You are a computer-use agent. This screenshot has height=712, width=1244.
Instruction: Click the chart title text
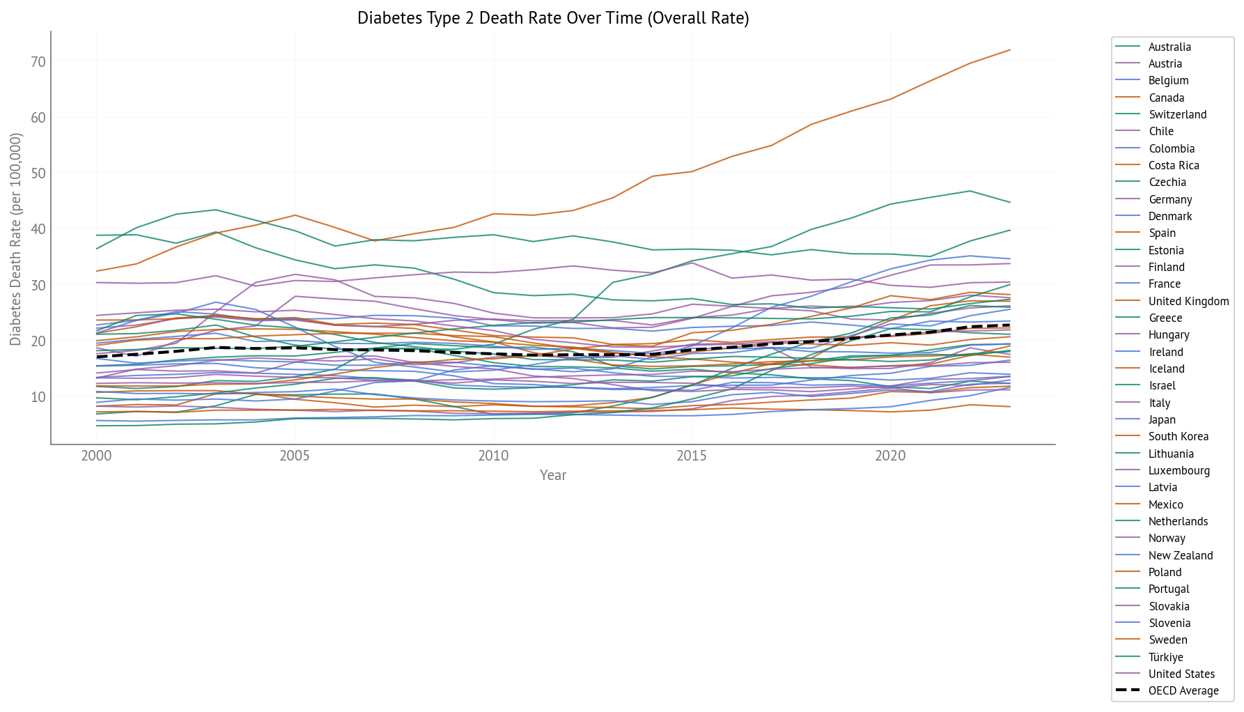553,18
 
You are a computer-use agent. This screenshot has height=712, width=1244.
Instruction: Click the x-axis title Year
553,475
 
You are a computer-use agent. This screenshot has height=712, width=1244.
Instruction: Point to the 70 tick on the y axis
38,62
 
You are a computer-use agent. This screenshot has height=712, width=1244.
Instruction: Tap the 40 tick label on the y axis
38,229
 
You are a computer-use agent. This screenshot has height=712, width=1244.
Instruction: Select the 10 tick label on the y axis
38,397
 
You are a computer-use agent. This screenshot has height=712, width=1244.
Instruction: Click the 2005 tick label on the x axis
295,456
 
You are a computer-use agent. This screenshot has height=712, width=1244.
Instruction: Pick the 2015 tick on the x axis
692,456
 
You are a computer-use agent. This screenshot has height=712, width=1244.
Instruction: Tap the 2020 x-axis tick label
890,456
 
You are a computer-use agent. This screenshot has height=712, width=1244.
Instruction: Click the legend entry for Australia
1169,47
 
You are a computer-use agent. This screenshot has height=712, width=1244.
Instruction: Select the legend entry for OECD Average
1183,691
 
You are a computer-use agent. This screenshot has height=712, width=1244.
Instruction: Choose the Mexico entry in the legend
1165,505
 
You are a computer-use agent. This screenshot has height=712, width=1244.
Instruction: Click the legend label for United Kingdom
1188,302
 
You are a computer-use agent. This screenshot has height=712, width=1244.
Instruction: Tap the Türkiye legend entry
1165,658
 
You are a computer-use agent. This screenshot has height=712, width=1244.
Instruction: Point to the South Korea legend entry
1178,437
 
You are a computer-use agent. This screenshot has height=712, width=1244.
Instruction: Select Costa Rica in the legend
1174,166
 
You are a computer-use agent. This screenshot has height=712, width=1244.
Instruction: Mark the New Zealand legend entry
1181,556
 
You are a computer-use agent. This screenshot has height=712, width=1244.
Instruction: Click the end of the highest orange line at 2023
1010,50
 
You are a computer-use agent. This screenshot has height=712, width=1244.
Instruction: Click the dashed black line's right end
1010,325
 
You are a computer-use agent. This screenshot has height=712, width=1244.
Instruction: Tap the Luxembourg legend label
1179,471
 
